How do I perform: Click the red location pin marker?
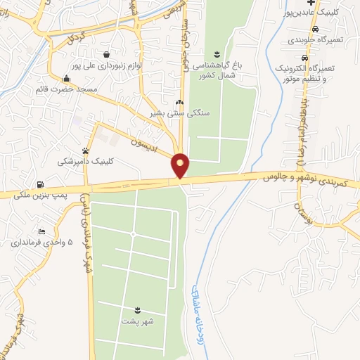pyautogui.click(x=181, y=165)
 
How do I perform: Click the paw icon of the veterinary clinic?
pyautogui.click(x=86, y=150)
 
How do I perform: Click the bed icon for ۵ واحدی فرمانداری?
pyautogui.click(x=43, y=232)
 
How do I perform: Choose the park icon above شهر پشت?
pyautogui.click(x=138, y=310)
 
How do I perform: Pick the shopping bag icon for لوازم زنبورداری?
pyautogui.click(x=105, y=54)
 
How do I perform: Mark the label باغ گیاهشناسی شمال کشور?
pyautogui.click(x=217, y=69)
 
